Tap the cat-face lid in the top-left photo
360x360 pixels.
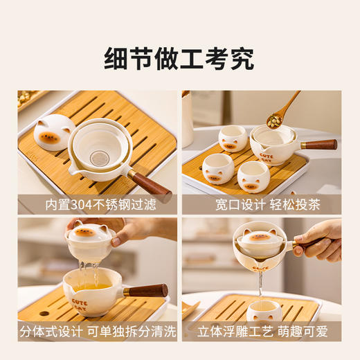coord(53,132)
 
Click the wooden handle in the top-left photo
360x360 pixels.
coord(148,184)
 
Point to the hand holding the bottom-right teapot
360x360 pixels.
coord(322,239)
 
